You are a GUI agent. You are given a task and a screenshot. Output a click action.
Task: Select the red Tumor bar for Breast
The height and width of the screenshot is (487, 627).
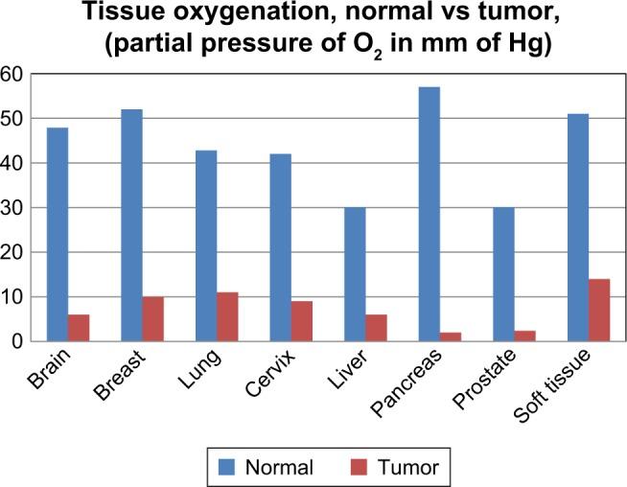[153, 318]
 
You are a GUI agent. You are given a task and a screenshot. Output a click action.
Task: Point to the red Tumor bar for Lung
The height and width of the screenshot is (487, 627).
[227, 316]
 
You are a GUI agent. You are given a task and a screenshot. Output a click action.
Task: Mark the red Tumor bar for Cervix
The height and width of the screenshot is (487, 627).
[302, 320]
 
